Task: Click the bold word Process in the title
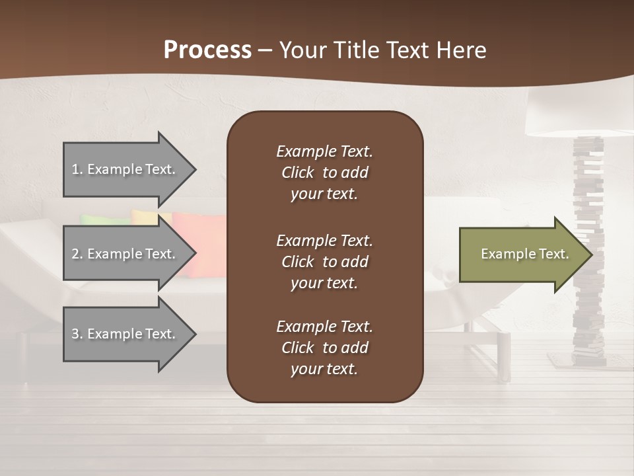(207, 50)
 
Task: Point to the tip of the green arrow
(590, 255)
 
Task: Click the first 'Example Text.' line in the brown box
(324, 151)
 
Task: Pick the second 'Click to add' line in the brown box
(324, 262)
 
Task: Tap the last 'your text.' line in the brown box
(324, 369)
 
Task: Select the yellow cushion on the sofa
(143, 216)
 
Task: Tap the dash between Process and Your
(265, 50)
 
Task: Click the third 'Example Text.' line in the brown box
(324, 327)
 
